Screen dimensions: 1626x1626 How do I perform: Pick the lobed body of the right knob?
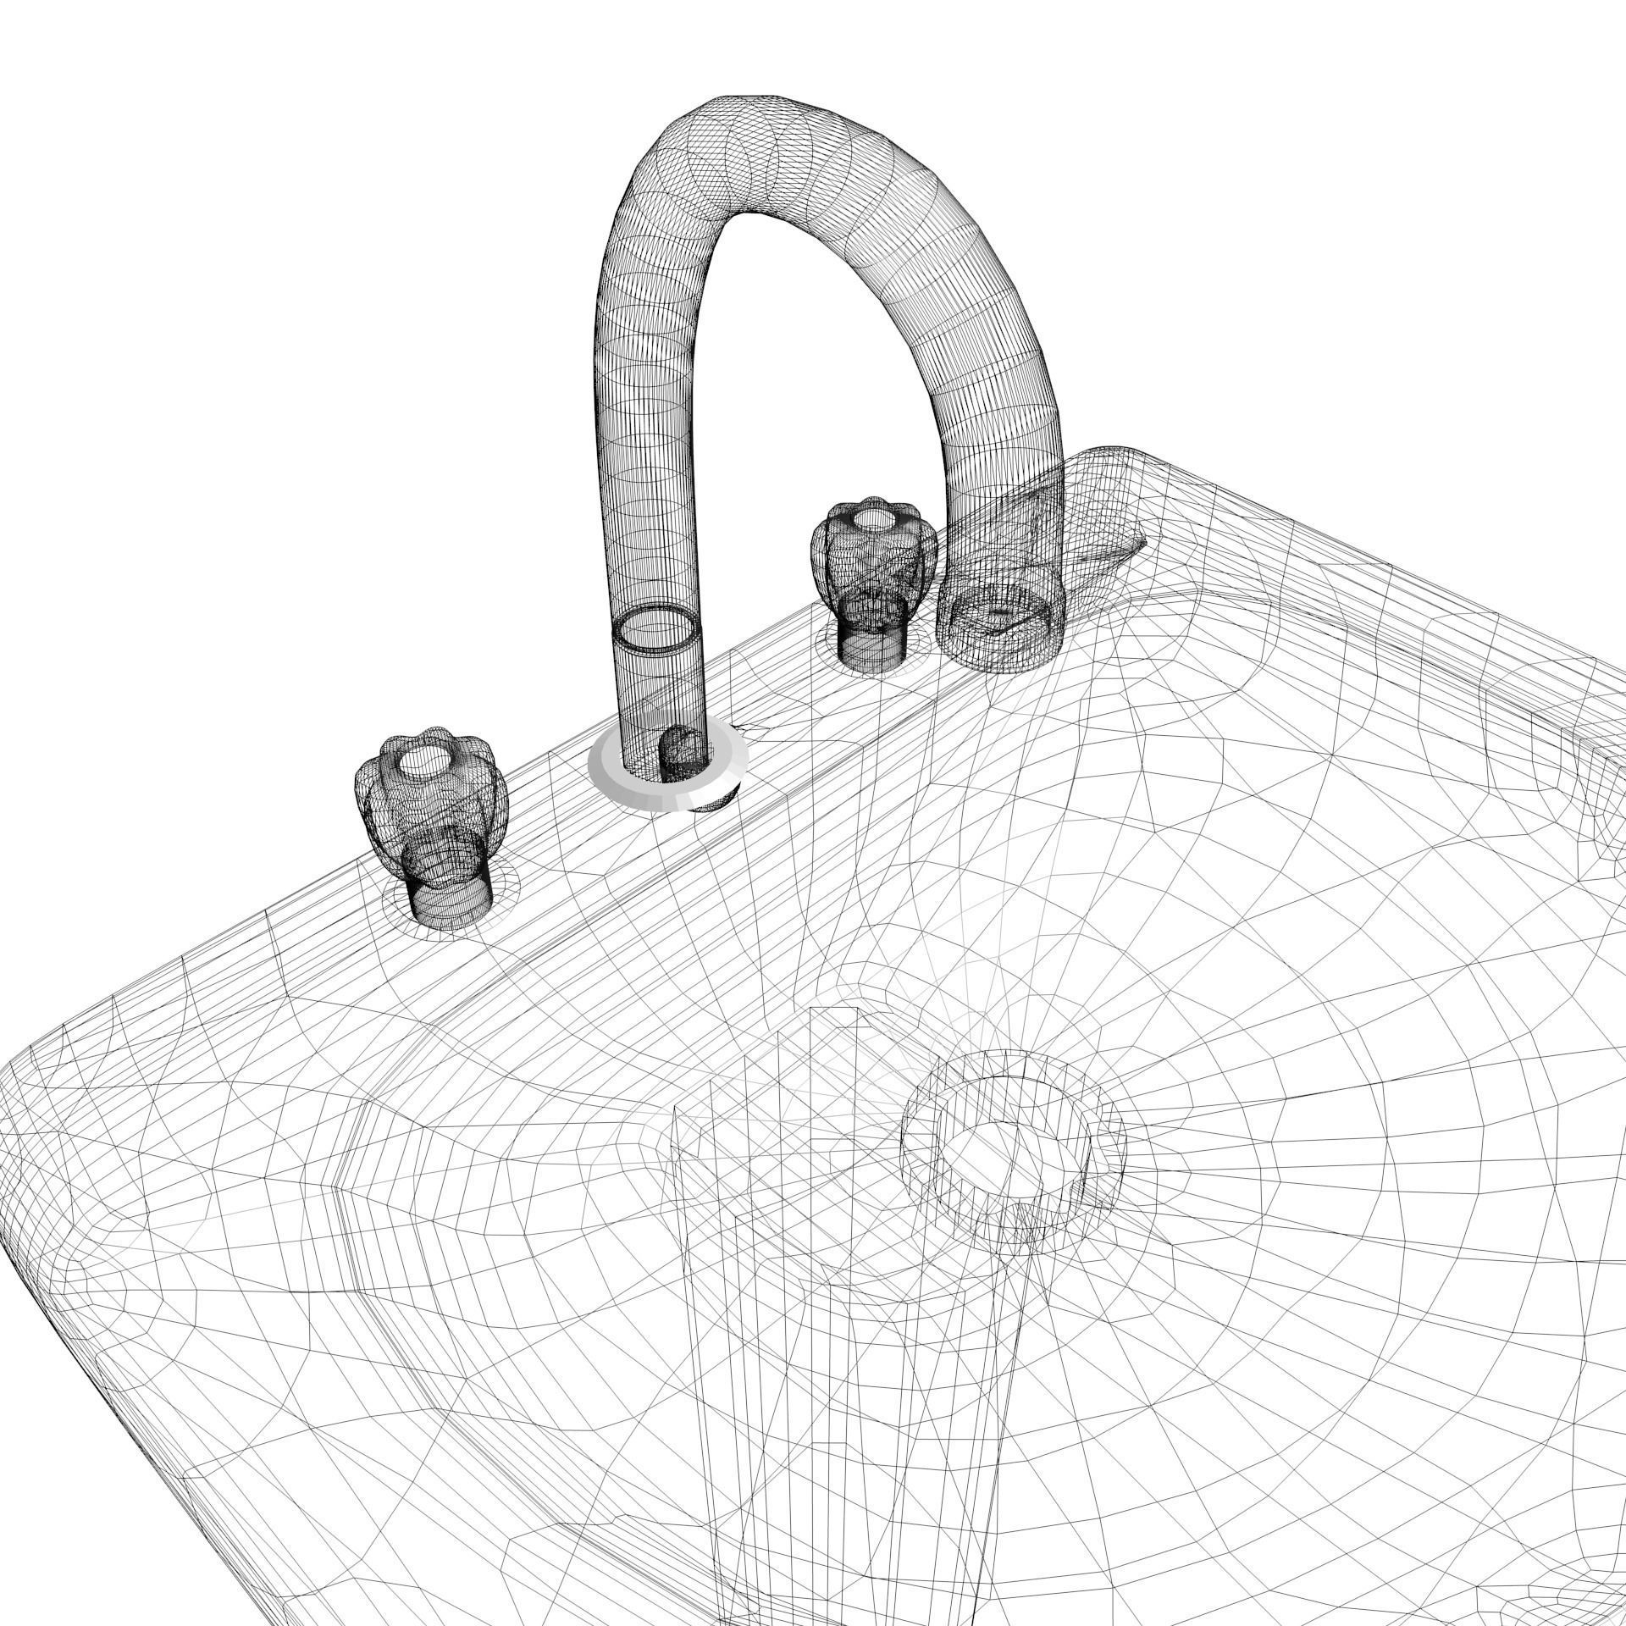click(x=872, y=559)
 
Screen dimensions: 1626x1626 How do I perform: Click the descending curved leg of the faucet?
click(x=999, y=381)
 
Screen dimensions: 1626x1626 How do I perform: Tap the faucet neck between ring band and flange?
click(x=661, y=694)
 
